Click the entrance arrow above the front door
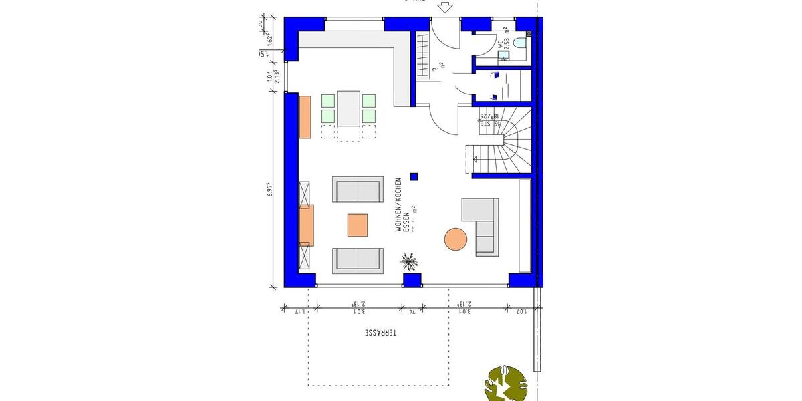coord(444,7)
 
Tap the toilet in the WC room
coord(519,45)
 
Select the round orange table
coord(456,239)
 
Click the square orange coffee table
coord(358,225)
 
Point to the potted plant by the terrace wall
coord(409,260)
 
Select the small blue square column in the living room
coord(414,176)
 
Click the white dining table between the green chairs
coord(348,108)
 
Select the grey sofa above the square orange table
coord(358,190)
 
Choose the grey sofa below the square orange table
coord(358,260)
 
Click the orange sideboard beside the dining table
coord(305,117)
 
